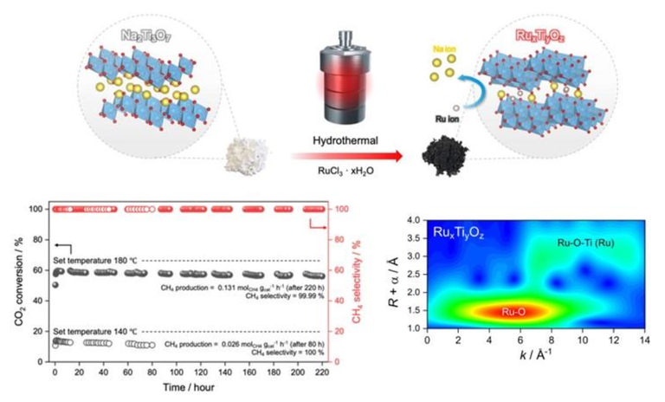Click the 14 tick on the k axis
(x=641, y=340)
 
